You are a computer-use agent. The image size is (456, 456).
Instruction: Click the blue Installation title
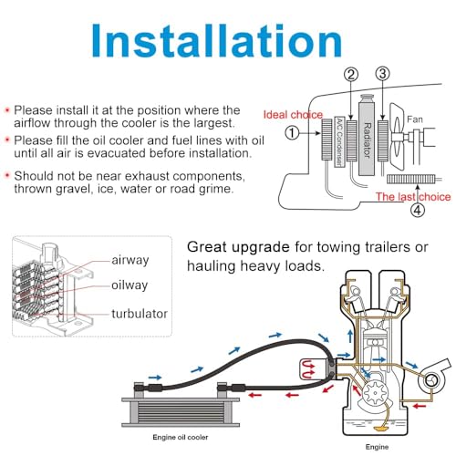click(217, 40)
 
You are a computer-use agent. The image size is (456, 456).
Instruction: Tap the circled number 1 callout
click(292, 133)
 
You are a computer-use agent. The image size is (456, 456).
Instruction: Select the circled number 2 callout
click(351, 75)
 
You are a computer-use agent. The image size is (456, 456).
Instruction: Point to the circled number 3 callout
click(382, 74)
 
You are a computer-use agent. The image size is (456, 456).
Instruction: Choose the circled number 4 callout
click(418, 210)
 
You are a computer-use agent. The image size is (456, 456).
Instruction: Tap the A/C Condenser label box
click(339, 142)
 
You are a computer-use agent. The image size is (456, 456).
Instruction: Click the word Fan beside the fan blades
click(415, 119)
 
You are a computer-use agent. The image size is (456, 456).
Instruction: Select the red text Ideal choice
click(293, 115)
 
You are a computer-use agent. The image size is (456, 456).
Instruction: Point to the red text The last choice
click(413, 197)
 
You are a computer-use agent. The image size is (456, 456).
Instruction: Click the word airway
click(130, 260)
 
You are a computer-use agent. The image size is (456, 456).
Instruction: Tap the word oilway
click(130, 285)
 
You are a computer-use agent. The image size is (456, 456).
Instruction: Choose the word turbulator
click(140, 314)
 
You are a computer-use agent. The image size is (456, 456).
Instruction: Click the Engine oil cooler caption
click(181, 437)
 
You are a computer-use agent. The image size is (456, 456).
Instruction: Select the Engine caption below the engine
click(377, 447)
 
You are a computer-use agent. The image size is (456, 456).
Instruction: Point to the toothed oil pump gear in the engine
click(376, 393)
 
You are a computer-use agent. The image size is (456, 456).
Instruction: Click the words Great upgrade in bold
click(238, 247)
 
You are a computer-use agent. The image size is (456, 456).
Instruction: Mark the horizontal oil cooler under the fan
click(411, 179)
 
